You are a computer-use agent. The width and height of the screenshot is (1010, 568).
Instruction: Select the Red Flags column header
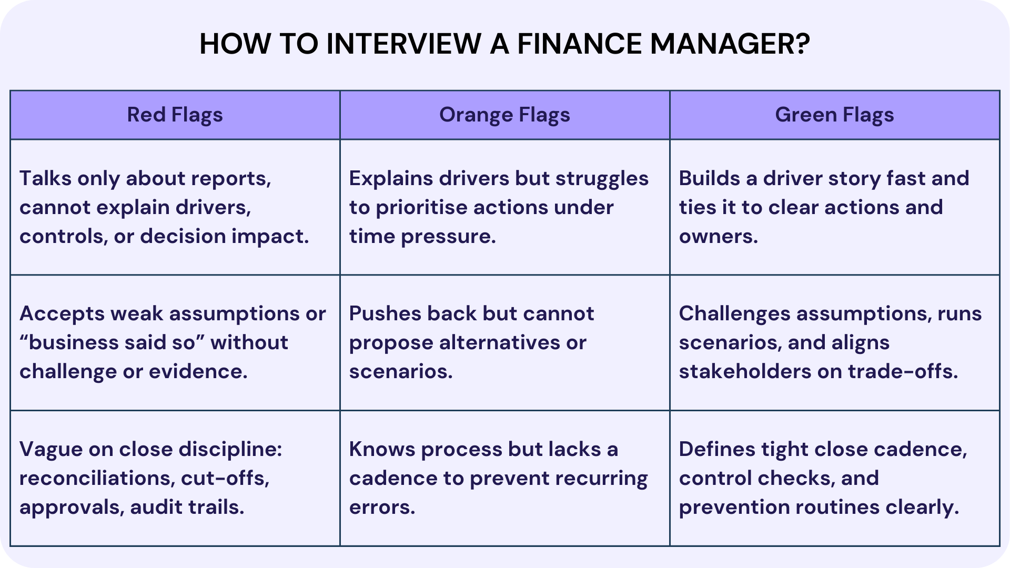(x=175, y=115)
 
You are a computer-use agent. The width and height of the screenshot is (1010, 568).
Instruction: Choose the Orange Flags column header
(x=504, y=115)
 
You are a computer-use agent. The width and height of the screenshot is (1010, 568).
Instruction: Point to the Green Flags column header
(x=834, y=115)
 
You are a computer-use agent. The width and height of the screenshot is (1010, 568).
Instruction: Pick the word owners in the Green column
(x=718, y=237)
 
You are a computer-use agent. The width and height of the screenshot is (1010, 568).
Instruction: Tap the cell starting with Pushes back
(x=504, y=342)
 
